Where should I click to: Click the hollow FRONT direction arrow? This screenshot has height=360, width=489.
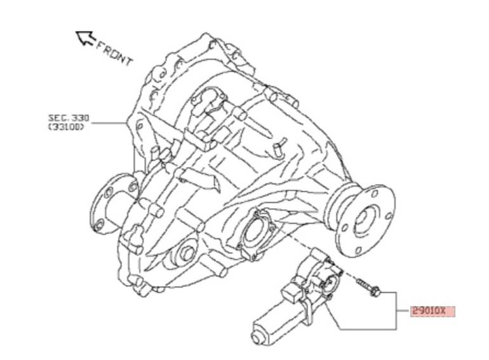86,38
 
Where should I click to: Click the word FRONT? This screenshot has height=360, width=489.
114,54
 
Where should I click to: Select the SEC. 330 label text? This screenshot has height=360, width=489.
69,118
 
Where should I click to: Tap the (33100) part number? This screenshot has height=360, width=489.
66,127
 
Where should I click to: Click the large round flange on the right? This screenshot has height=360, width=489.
366,220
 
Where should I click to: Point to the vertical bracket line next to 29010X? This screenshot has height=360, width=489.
396,310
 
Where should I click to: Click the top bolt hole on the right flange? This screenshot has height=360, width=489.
375,194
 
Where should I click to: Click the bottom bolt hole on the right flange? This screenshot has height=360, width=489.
358,250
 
